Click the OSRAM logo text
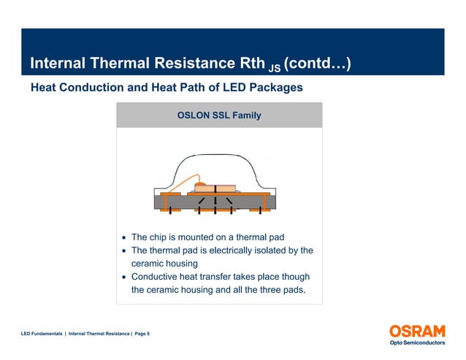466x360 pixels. tap(416, 331)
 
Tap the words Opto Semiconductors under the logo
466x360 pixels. tap(416, 343)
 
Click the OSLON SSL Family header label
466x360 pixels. tap(219, 115)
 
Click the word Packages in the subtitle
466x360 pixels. tap(272, 88)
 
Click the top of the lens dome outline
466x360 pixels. tap(219, 155)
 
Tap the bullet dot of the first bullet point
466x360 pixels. tap(125, 238)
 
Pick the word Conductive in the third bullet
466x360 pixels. tap(157, 277)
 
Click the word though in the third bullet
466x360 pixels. tap(294, 277)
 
